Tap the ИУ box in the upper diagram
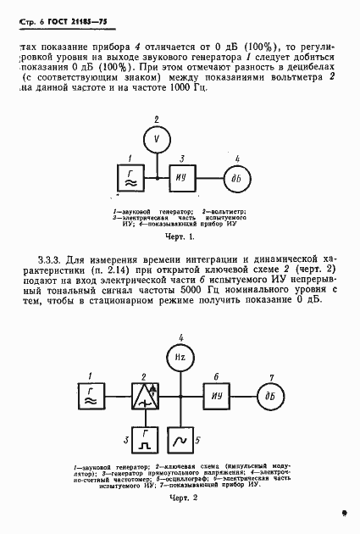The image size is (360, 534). tap(181, 177)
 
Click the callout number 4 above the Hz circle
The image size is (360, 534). tap(180, 337)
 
